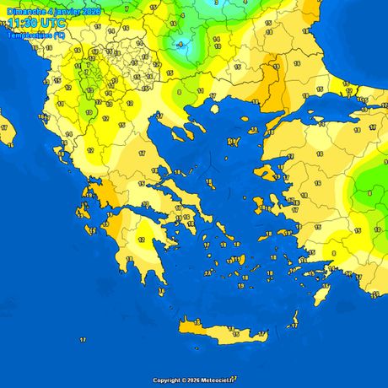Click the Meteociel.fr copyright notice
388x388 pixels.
[x=194, y=380]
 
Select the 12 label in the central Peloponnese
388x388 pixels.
[x=140, y=240]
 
